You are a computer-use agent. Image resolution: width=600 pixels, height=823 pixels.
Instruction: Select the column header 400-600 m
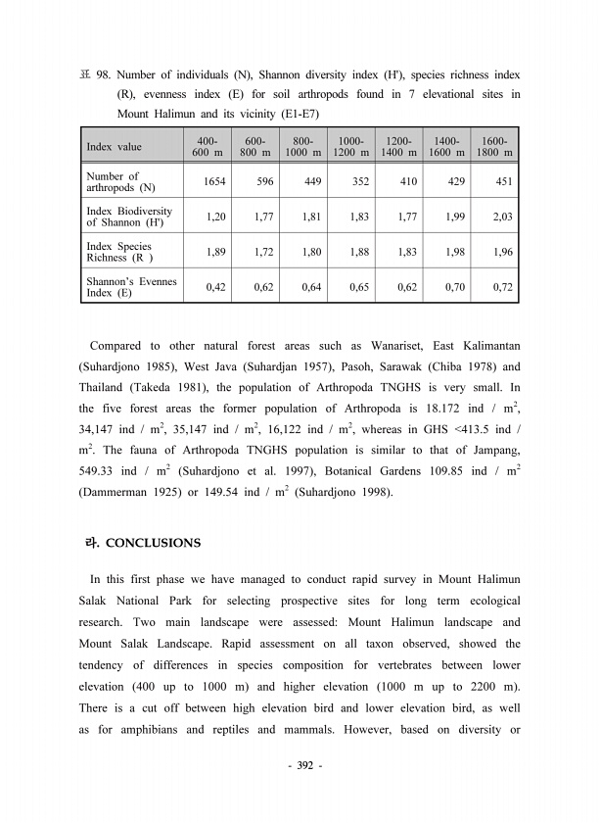tap(207, 147)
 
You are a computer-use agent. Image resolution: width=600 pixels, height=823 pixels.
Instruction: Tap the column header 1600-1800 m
tap(495, 147)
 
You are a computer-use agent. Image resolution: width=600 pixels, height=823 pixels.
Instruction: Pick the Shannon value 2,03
tap(503, 217)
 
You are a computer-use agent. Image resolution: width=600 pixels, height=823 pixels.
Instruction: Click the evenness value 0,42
tap(215, 287)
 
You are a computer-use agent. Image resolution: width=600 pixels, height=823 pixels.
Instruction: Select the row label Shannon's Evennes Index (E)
tap(131, 287)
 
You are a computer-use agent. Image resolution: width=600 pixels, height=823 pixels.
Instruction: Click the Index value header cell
tap(114, 147)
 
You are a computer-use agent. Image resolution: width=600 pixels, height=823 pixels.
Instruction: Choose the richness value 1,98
tap(455, 252)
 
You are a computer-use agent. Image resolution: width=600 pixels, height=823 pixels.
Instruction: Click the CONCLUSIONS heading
tap(152, 543)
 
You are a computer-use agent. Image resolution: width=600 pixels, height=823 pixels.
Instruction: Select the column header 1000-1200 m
tap(350, 147)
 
